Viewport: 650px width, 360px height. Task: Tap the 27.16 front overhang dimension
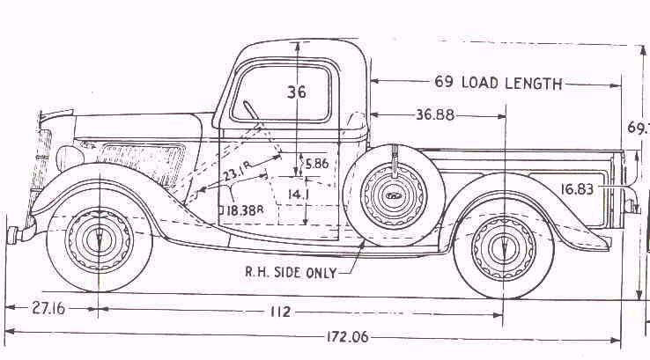pyautogui.click(x=50, y=309)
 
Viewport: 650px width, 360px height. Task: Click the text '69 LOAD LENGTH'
pyautogui.click(x=498, y=84)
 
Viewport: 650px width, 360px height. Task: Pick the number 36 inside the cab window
pyautogui.click(x=297, y=91)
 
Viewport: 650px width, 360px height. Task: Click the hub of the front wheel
pyautogui.click(x=97, y=236)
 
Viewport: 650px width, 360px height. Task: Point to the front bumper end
pyautogui.click(x=14, y=234)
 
